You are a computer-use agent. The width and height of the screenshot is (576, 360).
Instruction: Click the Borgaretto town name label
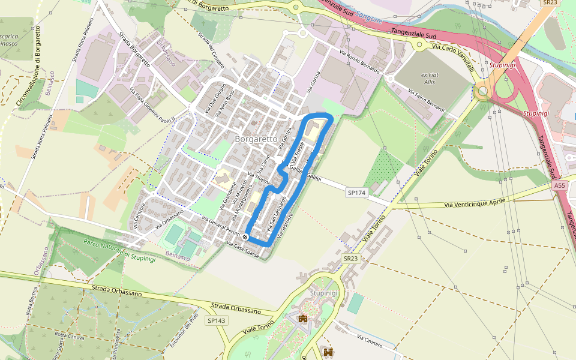256,139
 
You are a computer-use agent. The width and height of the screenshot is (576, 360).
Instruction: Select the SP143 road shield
217,321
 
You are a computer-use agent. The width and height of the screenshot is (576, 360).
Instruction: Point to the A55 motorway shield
560,186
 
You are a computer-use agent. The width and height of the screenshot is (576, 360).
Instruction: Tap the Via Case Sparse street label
243,248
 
